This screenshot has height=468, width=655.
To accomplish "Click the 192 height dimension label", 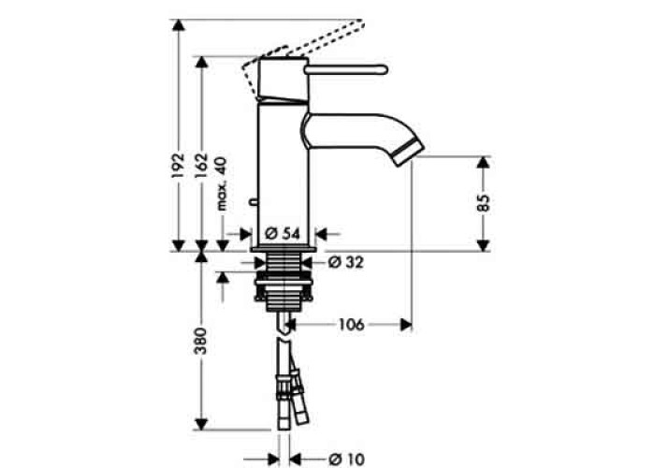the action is (179, 165).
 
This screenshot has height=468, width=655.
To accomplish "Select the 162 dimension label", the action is (202, 165).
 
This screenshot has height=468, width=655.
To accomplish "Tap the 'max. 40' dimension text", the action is (222, 183).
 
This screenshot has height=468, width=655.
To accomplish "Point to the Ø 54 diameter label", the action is (283, 234).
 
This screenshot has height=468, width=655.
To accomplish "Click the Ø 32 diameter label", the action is (346, 262).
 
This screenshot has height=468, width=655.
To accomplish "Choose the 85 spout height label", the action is (484, 202).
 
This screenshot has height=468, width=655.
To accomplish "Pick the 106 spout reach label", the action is (351, 325).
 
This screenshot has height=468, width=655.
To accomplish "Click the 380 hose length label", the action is (201, 341).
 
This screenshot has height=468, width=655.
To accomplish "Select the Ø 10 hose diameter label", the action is (347, 460).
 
